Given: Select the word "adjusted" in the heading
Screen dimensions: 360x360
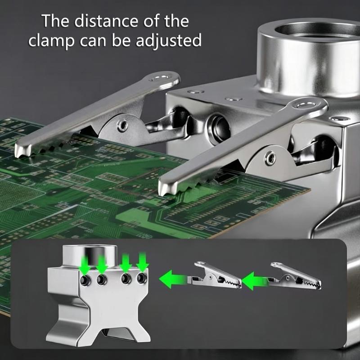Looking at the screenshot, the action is pos(168,40).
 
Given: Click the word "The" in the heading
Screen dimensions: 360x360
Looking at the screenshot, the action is pos(55,21).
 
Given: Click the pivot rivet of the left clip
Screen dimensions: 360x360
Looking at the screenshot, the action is pos(122,126).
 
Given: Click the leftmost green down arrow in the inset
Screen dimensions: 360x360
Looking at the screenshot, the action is pos(85,265).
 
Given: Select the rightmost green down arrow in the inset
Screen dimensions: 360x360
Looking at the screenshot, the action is pos(142,261).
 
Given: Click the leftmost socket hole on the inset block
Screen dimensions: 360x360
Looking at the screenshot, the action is pos(85,280).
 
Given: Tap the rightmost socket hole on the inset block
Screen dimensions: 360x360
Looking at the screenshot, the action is pos(142,278).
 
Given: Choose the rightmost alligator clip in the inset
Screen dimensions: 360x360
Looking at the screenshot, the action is pos(295,276).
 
